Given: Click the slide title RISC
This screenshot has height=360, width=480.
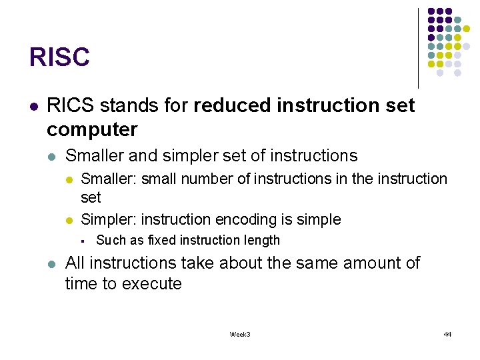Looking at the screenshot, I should point(59,57).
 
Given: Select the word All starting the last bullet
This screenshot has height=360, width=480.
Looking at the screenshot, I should point(76,263).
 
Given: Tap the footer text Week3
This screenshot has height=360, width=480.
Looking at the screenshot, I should point(239,334).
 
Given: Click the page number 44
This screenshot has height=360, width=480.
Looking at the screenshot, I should point(447,334).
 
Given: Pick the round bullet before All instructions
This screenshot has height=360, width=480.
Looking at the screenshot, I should point(52,263).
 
